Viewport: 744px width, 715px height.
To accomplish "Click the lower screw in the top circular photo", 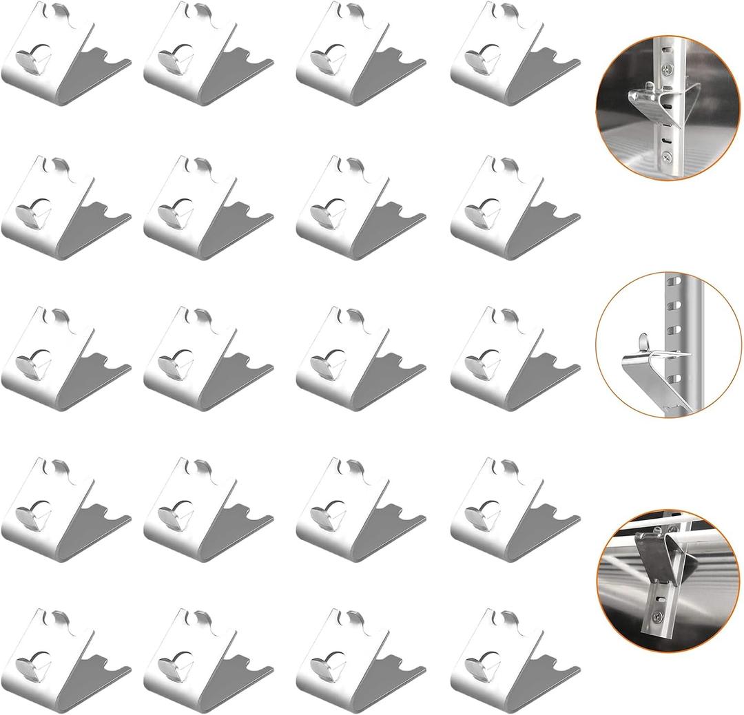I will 667,158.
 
